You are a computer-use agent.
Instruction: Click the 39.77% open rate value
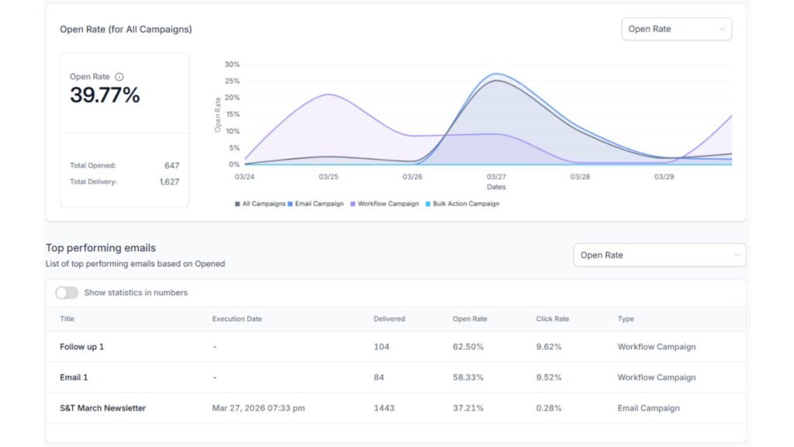(x=105, y=95)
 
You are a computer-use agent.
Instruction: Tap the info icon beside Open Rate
(x=119, y=77)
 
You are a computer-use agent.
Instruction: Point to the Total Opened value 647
(x=171, y=165)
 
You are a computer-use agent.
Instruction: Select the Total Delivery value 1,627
(x=169, y=182)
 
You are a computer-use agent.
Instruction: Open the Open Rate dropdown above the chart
(x=676, y=29)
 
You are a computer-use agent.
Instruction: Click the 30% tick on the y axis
(x=232, y=64)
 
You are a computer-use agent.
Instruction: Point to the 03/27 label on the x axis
(x=496, y=177)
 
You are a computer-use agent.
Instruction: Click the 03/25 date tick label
(x=329, y=177)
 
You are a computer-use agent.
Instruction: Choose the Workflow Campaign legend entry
(x=388, y=204)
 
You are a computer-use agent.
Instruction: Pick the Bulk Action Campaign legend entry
(x=462, y=204)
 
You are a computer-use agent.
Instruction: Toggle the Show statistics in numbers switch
(x=67, y=293)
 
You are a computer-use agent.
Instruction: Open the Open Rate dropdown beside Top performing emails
(x=659, y=255)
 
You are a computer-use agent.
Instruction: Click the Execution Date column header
(x=237, y=319)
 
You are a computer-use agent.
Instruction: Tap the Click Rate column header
(x=552, y=319)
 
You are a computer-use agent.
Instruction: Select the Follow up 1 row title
(x=81, y=347)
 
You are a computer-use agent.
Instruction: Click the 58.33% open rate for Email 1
(x=468, y=377)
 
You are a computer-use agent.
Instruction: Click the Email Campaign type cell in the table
(x=648, y=408)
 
